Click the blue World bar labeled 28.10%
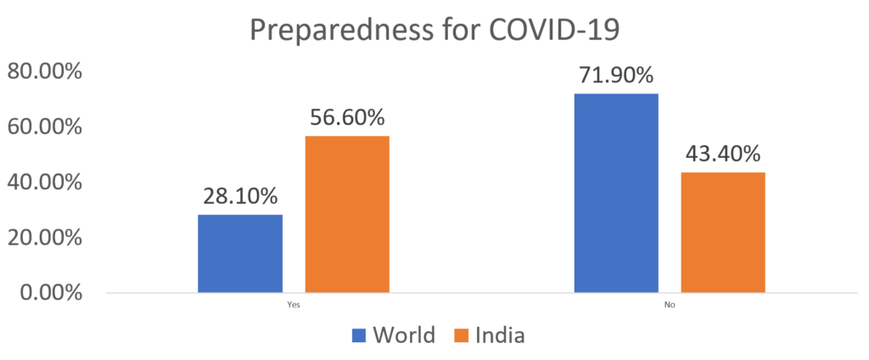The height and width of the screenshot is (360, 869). [x=240, y=253]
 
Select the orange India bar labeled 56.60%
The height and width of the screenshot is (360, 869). [x=347, y=214]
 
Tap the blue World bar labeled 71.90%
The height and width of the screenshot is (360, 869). [x=616, y=193]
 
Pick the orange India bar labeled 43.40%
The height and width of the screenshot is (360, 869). [x=722, y=232]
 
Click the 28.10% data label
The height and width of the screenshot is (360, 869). [x=240, y=197]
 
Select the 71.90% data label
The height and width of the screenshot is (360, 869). [x=616, y=76]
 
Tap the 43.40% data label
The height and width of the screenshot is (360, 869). [x=723, y=155]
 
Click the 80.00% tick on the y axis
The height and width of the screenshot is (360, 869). [x=45, y=72]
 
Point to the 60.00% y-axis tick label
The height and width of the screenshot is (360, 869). [x=45, y=127]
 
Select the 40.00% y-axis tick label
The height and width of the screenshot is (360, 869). [x=45, y=183]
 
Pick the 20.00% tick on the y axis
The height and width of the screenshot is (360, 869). [x=45, y=238]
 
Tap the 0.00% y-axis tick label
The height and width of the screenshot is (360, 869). [x=50, y=293]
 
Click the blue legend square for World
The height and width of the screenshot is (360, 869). [x=358, y=335]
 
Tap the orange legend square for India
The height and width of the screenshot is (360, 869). [x=462, y=335]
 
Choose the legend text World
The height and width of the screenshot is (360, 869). [x=403, y=335]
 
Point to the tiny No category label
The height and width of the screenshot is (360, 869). [x=670, y=303]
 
